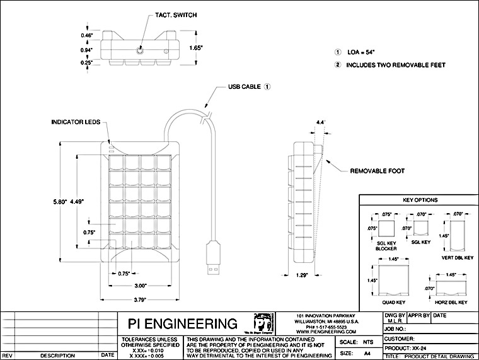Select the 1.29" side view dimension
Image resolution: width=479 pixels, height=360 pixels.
pos(303,275)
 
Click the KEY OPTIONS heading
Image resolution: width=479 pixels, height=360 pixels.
pos(419,200)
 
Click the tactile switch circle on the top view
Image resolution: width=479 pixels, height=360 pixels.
pos(140,48)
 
